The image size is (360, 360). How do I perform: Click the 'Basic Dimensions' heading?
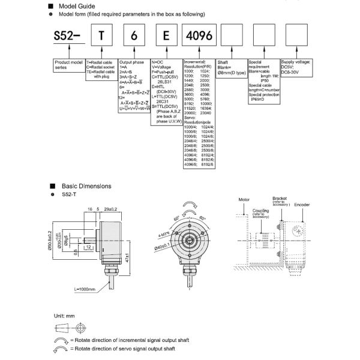88,186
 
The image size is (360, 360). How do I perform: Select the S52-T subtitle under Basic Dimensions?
70,195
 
